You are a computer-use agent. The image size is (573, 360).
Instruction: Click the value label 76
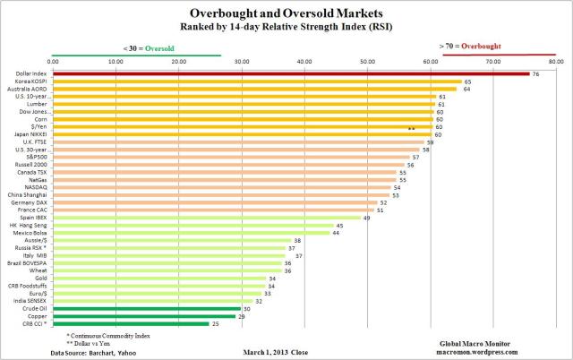click(535, 73)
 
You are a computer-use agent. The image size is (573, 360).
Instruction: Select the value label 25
click(215, 323)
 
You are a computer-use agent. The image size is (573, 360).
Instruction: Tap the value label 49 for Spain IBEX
click(366, 218)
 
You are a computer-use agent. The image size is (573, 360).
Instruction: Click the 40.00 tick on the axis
click(304, 61)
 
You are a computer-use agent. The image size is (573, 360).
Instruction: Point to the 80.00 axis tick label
click(555, 61)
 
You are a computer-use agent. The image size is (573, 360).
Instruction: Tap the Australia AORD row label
click(32, 89)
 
